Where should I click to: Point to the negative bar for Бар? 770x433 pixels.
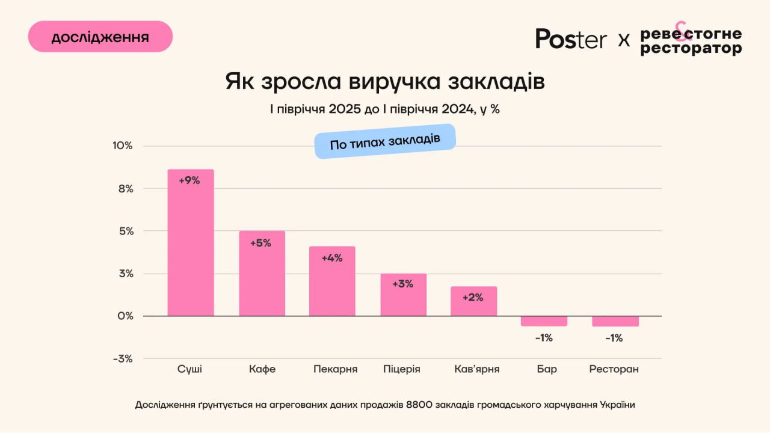[544, 321]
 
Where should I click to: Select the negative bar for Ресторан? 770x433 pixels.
[614, 321]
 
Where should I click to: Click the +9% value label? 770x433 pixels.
[189, 180]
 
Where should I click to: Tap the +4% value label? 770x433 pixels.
[332, 258]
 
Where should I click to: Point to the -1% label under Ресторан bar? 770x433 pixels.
[614, 338]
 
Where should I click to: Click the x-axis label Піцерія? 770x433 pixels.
[402, 369]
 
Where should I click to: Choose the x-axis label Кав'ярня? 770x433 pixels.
[477, 369]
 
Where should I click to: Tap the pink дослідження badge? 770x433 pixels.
[100, 37]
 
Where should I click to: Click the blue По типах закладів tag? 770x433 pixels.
[385, 141]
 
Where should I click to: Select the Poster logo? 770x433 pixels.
[571, 39]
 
